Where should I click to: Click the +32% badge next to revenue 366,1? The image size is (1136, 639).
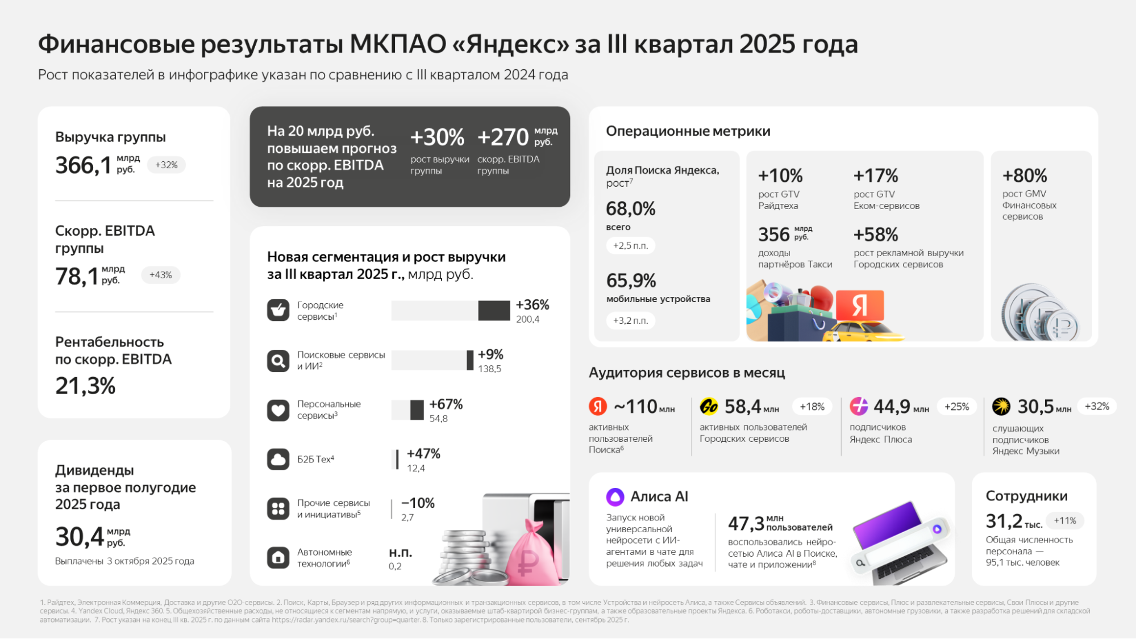coord(167,165)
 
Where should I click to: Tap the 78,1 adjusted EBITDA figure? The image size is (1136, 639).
coord(77,277)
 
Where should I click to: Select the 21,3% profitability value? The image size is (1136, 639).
coord(85,386)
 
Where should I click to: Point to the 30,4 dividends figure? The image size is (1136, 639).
coord(80,537)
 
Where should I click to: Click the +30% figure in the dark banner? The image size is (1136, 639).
coord(437,137)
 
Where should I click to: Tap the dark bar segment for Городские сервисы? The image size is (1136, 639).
coord(494,311)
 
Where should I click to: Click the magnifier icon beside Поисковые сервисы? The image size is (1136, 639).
coord(278,361)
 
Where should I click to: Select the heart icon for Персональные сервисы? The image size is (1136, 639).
coord(278,410)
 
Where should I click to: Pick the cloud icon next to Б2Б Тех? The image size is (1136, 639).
coord(278,459)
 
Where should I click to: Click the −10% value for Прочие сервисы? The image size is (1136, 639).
coord(418,503)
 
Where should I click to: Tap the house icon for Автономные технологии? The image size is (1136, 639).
coord(278,557)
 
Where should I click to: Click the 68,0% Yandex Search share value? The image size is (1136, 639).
coord(631,209)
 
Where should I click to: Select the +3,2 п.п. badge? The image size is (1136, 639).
coord(630,320)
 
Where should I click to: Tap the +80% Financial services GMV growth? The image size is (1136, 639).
coord(1025,176)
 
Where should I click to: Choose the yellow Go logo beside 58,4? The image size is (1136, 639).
coord(709,407)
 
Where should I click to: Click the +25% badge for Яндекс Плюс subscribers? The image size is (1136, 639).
coord(956,407)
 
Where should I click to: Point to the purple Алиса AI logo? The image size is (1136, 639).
coord(615,497)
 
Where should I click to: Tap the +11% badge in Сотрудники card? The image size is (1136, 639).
coord(1064,521)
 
